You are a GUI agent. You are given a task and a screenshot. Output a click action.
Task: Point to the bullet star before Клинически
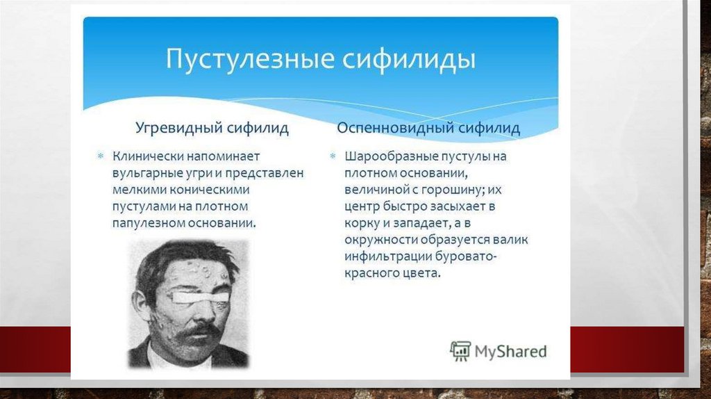[x=101, y=156]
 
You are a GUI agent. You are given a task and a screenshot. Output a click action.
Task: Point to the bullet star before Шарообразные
[x=333, y=156]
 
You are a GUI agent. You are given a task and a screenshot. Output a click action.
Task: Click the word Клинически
[x=148, y=156]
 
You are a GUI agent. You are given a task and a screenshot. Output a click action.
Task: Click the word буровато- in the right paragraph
[x=466, y=256]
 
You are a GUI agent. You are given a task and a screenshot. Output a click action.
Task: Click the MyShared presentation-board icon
[x=460, y=351]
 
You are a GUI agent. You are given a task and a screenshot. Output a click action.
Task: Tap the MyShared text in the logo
[x=510, y=352]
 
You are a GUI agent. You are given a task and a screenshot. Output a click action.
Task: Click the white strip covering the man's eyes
[x=201, y=296]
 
